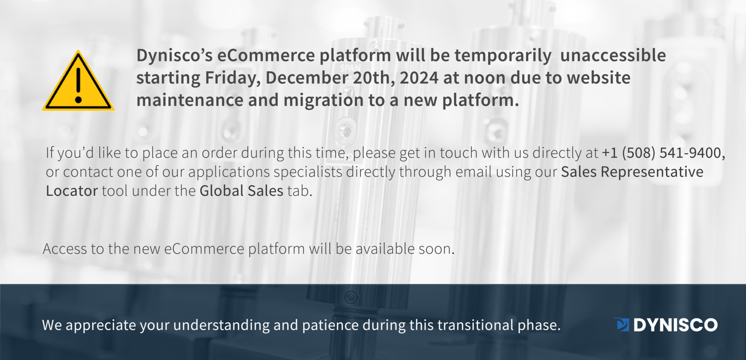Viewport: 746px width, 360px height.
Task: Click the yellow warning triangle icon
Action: coord(78,82)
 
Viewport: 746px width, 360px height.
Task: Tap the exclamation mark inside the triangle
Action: coord(78,84)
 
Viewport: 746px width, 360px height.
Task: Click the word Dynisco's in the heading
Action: coord(174,55)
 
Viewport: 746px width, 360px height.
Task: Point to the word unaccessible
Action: coord(613,55)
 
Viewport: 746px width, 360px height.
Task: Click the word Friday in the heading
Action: coord(233,78)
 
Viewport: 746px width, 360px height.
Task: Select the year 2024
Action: coord(419,77)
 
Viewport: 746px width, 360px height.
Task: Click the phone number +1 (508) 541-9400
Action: coord(663,153)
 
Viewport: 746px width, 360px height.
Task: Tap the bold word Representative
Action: coord(652,172)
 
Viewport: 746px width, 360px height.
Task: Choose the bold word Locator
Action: coord(72,191)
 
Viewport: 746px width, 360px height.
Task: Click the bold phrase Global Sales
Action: coord(242,191)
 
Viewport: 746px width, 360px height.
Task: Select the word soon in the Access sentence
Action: coord(436,249)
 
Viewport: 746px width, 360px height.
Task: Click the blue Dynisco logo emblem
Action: coord(622,325)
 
